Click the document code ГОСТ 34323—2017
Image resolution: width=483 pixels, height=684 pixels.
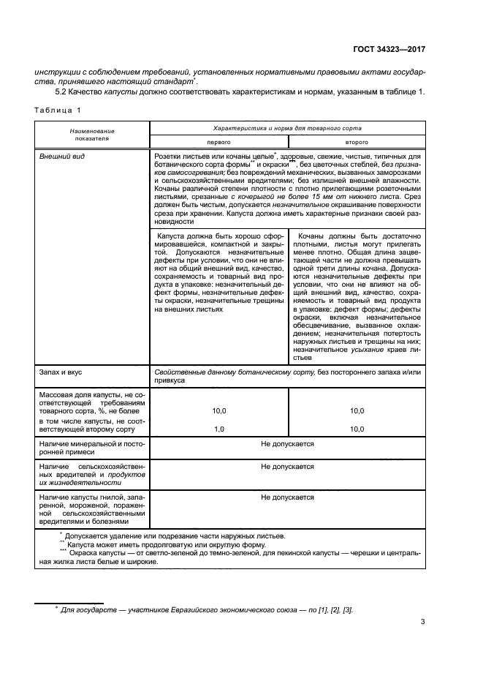pos(387,51)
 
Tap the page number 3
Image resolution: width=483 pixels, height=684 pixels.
pos(423,623)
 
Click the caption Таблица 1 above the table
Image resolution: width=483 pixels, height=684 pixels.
pos(56,110)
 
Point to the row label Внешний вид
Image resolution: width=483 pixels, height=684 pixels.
pos(59,157)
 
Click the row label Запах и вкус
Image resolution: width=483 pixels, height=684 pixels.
pos(61,372)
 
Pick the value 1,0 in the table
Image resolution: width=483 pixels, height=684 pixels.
pos(219,429)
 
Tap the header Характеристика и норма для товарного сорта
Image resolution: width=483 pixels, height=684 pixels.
pos(287,127)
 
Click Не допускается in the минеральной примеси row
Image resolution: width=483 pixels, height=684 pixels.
pos(287,444)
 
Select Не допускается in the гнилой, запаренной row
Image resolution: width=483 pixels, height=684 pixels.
pos(287,497)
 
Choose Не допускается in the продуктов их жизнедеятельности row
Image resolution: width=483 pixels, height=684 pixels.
pos(287,466)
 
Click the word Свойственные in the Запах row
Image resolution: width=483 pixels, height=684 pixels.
pos(178,372)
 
